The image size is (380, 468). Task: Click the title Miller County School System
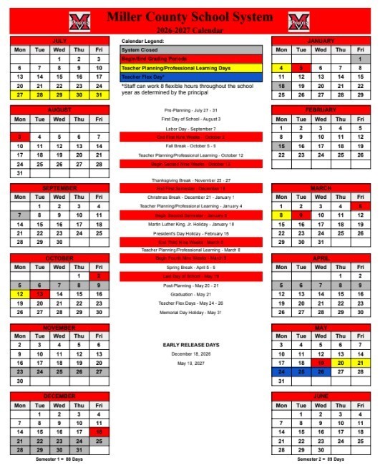pos(189,16)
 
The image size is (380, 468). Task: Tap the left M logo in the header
pos(80,21)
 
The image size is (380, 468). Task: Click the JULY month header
pos(59,42)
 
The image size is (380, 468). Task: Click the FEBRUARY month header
pos(320,109)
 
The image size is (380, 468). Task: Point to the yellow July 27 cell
pos(20,94)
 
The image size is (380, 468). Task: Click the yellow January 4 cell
pos(282,68)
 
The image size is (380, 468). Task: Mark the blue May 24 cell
pos(282,371)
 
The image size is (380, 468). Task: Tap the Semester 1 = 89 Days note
pos(59,459)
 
